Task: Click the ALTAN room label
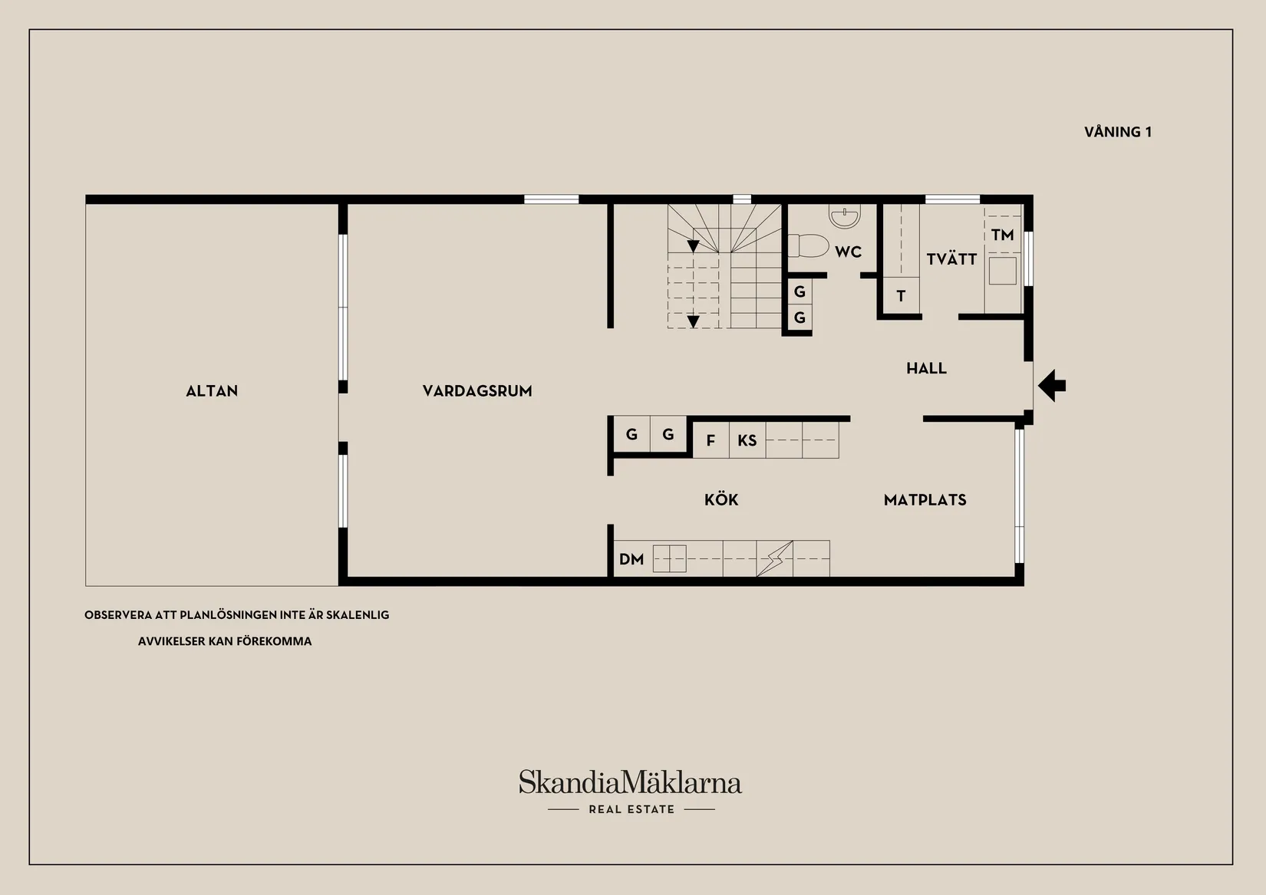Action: pos(212,391)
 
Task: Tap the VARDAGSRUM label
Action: pos(477,391)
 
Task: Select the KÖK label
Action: pos(721,500)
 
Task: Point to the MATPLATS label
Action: pos(925,500)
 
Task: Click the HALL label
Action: pos(926,368)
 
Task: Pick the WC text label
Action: pos(848,252)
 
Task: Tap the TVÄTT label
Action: pos(951,259)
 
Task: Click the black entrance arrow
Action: pos(1052,385)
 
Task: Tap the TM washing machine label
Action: pos(1002,235)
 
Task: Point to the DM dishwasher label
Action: pos(631,559)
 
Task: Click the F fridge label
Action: pos(710,440)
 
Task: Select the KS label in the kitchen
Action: pos(747,440)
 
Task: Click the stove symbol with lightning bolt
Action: pos(774,558)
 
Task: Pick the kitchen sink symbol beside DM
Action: pos(669,558)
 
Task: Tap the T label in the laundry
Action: pos(901,296)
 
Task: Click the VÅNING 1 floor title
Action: pos(1117,132)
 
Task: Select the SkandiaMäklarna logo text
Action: pos(630,783)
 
